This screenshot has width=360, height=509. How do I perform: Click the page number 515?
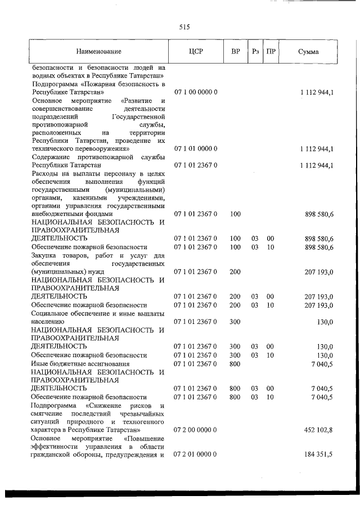pos(184,27)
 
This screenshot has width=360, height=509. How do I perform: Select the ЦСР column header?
pos(196,52)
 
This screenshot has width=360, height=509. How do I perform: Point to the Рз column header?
pos(255,52)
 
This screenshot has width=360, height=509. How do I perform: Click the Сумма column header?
pos(308,52)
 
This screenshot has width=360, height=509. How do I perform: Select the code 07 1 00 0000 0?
pos(196,91)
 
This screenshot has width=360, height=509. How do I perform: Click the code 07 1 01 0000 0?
pos(196,148)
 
